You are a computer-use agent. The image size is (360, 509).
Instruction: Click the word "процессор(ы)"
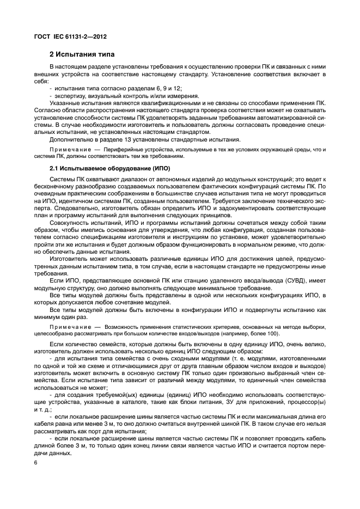(307, 409)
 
